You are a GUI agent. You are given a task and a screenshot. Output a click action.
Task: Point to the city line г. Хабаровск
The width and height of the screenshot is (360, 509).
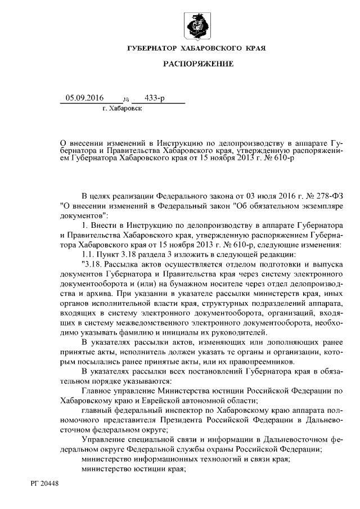[x=122, y=108]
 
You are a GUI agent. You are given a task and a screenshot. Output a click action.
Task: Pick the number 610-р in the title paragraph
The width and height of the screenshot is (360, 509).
[x=282, y=159]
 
